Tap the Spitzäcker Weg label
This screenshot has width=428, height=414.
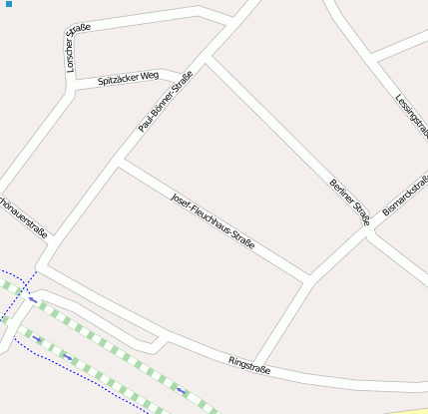(x=128, y=77)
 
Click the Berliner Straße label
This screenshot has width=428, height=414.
(x=349, y=201)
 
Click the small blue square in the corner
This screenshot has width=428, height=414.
(x=9, y=5)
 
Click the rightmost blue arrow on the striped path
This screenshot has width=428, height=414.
(x=181, y=390)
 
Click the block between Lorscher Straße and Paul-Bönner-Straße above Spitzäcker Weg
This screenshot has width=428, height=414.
(x=140, y=45)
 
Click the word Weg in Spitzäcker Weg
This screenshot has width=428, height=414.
(x=150, y=75)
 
